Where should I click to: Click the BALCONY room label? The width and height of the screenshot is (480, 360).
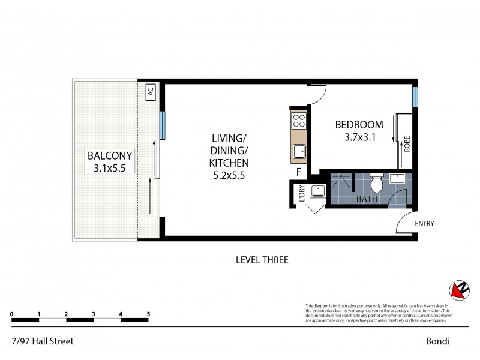click(109, 155)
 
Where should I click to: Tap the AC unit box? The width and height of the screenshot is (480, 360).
click(151, 92)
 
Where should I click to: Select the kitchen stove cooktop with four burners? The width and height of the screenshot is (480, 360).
click(299, 122)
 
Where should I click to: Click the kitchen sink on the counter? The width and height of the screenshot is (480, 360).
click(299, 152)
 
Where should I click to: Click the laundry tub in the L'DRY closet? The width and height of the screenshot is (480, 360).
click(316, 191)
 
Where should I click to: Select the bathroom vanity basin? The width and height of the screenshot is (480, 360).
click(398, 178)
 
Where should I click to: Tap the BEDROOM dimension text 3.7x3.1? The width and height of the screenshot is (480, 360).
click(359, 137)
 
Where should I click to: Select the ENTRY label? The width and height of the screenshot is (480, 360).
click(424, 224)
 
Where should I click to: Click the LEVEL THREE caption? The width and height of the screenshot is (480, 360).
click(262, 260)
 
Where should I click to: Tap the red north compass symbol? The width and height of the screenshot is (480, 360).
click(459, 290)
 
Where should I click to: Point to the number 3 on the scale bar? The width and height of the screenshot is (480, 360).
click(94, 314)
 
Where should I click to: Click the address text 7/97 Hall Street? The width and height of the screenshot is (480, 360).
click(42, 341)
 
